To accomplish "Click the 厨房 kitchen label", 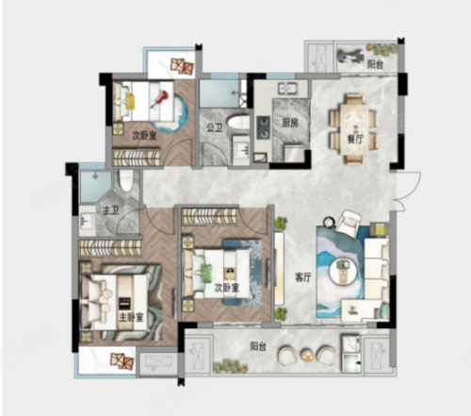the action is [289, 123].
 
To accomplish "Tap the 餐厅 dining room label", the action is [355, 139].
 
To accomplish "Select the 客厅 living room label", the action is [302, 277].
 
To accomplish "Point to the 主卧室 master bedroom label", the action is [131, 317].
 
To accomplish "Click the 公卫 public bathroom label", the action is [215, 127].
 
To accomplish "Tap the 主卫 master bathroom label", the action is [110, 210].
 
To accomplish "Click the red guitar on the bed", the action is [160, 98].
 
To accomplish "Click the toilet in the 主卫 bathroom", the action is [126, 180].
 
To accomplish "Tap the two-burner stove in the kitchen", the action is [263, 127].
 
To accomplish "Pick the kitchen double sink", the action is [287, 89].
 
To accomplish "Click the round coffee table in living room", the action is [343, 272].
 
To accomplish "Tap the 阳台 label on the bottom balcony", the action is [258, 346].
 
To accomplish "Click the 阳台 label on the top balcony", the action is [375, 64].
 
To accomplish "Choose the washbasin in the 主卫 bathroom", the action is [87, 220].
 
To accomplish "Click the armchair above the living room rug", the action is [349, 222].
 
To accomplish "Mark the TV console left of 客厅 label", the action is [279, 268].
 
